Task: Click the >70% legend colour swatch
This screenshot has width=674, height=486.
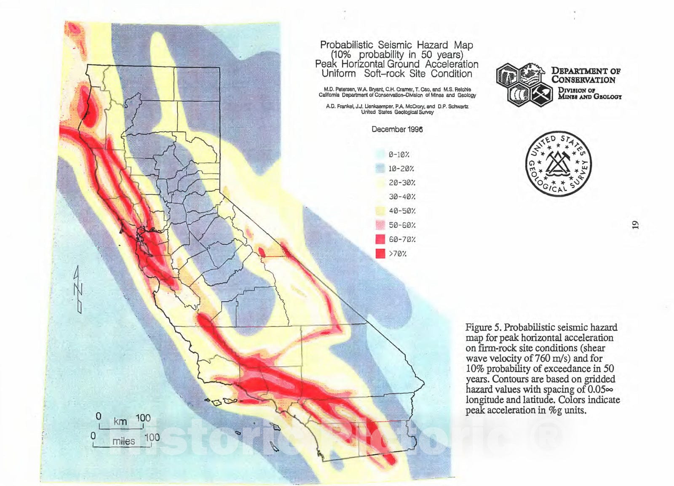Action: click(380, 254)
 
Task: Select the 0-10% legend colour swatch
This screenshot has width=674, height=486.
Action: click(380, 155)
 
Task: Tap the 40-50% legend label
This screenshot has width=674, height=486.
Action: click(402, 211)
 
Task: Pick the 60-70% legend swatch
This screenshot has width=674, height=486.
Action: click(380, 239)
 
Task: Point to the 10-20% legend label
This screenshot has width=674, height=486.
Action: click(401, 169)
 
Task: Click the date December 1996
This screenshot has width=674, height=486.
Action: click(397, 129)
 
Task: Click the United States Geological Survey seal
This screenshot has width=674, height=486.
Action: click(559, 164)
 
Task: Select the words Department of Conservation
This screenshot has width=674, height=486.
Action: click(586, 75)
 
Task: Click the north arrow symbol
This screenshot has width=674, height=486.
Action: click(78, 289)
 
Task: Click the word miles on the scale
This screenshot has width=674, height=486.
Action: click(123, 441)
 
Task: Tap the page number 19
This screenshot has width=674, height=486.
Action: click(635, 225)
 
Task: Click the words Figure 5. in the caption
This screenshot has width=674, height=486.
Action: click(483, 328)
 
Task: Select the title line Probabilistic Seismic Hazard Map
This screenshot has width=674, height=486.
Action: click(396, 45)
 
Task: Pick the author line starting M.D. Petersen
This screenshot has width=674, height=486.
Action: click(397, 89)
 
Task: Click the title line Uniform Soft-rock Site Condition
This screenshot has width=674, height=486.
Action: click(396, 74)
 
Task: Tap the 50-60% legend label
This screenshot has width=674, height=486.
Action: click(402, 225)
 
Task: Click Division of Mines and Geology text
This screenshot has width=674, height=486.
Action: click(589, 93)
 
